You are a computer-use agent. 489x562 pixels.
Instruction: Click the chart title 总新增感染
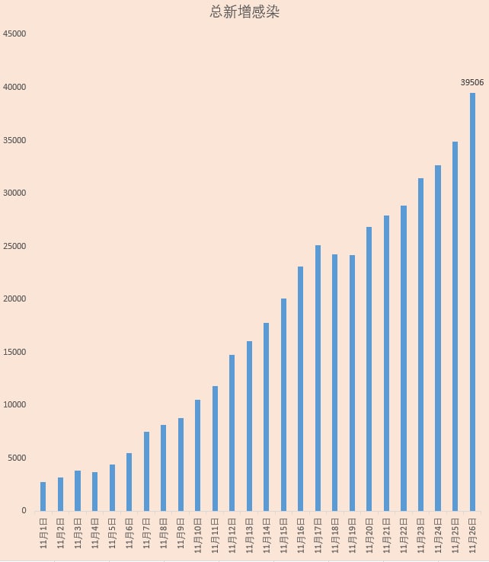tap(244, 13)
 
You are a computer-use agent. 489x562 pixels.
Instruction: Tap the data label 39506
tap(472, 81)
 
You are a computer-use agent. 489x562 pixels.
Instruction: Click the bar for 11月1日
tap(43, 497)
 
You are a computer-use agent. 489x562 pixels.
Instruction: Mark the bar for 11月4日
tap(94, 491)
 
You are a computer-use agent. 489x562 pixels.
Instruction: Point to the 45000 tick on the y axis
tap(14, 34)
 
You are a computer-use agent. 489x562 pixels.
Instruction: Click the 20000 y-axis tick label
tap(14, 299)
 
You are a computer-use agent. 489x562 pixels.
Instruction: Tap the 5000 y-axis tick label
tap(17, 458)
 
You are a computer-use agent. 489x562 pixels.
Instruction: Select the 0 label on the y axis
tap(24, 511)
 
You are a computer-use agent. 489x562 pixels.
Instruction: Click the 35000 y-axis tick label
tap(14, 140)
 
